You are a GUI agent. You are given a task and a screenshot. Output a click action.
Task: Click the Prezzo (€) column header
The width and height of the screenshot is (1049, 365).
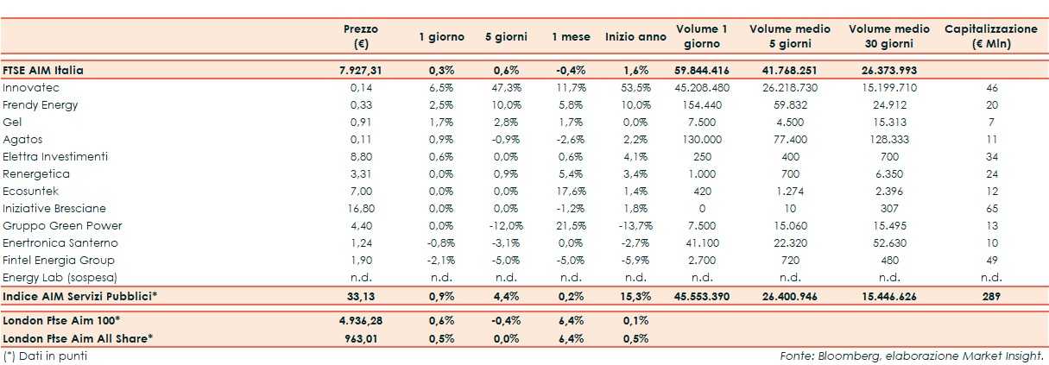click(360, 36)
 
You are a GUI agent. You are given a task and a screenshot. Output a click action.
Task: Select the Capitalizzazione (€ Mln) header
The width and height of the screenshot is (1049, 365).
click(991, 36)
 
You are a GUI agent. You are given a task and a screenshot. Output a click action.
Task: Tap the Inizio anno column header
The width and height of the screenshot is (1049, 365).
click(635, 37)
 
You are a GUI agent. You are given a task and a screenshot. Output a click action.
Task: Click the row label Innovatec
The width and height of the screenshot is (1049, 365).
click(31, 88)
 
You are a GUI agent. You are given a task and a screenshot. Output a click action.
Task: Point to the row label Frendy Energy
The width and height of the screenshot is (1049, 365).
click(41, 105)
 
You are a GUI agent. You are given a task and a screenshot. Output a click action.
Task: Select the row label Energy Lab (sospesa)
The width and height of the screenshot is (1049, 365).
click(60, 278)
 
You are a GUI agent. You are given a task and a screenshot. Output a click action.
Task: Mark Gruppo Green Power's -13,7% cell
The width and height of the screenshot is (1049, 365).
click(635, 226)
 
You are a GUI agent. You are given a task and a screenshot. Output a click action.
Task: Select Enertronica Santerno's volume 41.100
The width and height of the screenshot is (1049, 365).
click(702, 243)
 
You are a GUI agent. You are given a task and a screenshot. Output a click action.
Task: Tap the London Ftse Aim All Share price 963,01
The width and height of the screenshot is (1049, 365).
click(360, 338)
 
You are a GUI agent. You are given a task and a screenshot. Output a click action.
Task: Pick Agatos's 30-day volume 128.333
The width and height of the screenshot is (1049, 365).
click(888, 140)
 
